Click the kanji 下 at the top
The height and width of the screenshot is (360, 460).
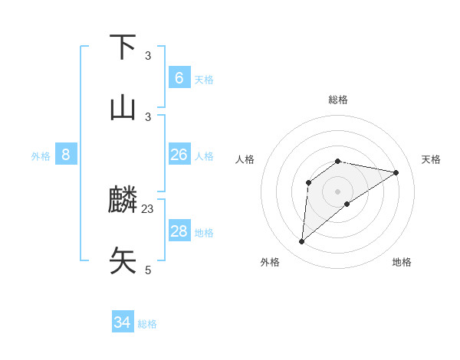[x=123, y=47]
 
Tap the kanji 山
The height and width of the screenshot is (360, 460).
[x=123, y=108]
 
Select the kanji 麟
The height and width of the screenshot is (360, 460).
[x=123, y=201]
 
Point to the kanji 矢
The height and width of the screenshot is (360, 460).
[x=123, y=260]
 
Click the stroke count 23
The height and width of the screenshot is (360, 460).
[x=148, y=208]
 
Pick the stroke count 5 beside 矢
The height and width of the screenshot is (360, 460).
[x=148, y=270]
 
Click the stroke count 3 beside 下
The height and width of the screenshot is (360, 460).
[x=148, y=55]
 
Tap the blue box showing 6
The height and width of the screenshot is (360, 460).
[x=179, y=78]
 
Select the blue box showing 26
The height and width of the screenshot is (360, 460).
[x=179, y=155]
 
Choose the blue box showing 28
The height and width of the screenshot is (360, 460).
[x=179, y=231]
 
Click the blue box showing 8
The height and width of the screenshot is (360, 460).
[x=66, y=155]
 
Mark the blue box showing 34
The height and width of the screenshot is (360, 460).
[x=122, y=322]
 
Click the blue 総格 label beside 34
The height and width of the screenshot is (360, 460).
[x=147, y=324]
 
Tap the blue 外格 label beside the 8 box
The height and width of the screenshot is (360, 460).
[x=41, y=156]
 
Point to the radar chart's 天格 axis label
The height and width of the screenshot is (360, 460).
[x=431, y=159]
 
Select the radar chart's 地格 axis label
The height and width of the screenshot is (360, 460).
[x=402, y=262]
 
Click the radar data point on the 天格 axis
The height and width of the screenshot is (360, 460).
[x=396, y=172]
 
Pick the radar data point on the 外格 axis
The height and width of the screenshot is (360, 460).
[x=302, y=242]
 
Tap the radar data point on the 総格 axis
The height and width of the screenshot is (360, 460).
[x=338, y=161]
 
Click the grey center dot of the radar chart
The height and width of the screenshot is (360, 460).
[x=338, y=191]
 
